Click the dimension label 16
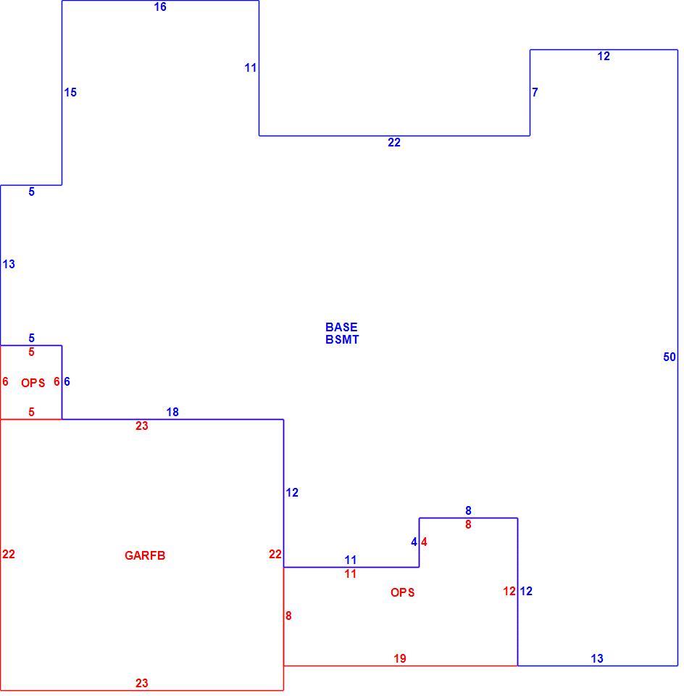[x=160, y=7]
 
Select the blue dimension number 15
[x=70, y=92]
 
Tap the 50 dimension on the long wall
[x=670, y=357]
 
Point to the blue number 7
[x=535, y=92]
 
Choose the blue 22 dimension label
[x=394, y=143]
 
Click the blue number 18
[x=172, y=413]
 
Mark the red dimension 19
[x=400, y=659]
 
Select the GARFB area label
[x=145, y=556]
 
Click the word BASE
[x=341, y=327]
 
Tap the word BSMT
[x=342, y=339]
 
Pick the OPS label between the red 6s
[x=33, y=383]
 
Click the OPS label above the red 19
[x=402, y=592]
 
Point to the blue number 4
[x=414, y=542]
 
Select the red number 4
[x=424, y=542]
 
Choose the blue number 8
[x=468, y=511]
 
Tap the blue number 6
[x=67, y=382]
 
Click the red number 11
[x=351, y=574]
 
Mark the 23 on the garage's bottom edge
[x=141, y=683]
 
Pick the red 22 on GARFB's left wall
[x=9, y=555]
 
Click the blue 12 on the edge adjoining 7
[x=604, y=57]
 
